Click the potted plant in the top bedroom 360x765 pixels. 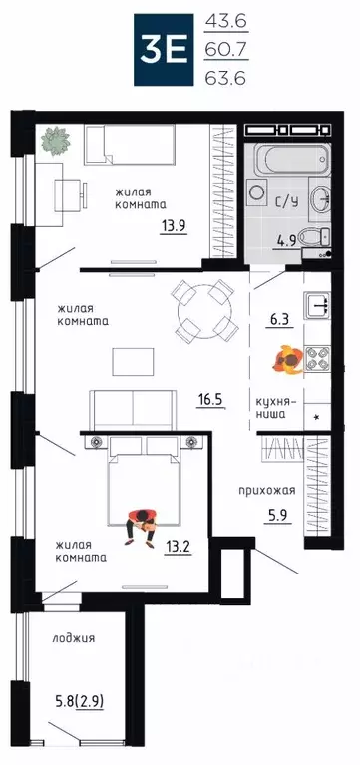[52, 142]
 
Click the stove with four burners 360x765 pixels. [316, 356]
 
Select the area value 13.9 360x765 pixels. [174, 225]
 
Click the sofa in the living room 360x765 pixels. [131, 407]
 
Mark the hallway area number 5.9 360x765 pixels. [276, 517]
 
